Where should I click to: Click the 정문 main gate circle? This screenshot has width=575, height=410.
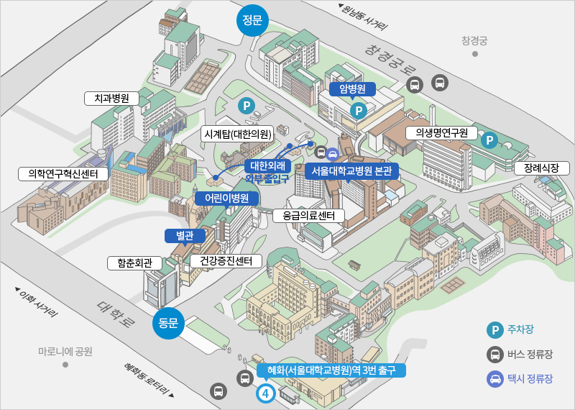[x=252, y=19]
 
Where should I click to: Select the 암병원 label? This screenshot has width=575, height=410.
[x=353, y=89]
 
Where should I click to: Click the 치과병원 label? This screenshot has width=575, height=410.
[x=106, y=99]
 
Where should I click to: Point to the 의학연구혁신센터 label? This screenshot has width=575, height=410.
[x=63, y=173]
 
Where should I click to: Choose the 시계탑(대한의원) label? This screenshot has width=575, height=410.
[x=237, y=134]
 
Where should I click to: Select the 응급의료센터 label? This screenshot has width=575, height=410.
[x=309, y=215]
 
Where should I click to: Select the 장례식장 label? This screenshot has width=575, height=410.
[x=542, y=168]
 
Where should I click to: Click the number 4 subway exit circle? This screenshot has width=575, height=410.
[x=266, y=393]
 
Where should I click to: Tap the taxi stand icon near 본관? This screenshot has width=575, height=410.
[x=333, y=153]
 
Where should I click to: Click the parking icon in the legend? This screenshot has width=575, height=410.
[x=494, y=330]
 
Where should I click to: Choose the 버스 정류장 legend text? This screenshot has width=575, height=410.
[x=530, y=354]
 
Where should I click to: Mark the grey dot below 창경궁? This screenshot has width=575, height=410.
[x=475, y=54]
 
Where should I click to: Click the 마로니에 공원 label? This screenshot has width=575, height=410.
[x=65, y=352]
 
